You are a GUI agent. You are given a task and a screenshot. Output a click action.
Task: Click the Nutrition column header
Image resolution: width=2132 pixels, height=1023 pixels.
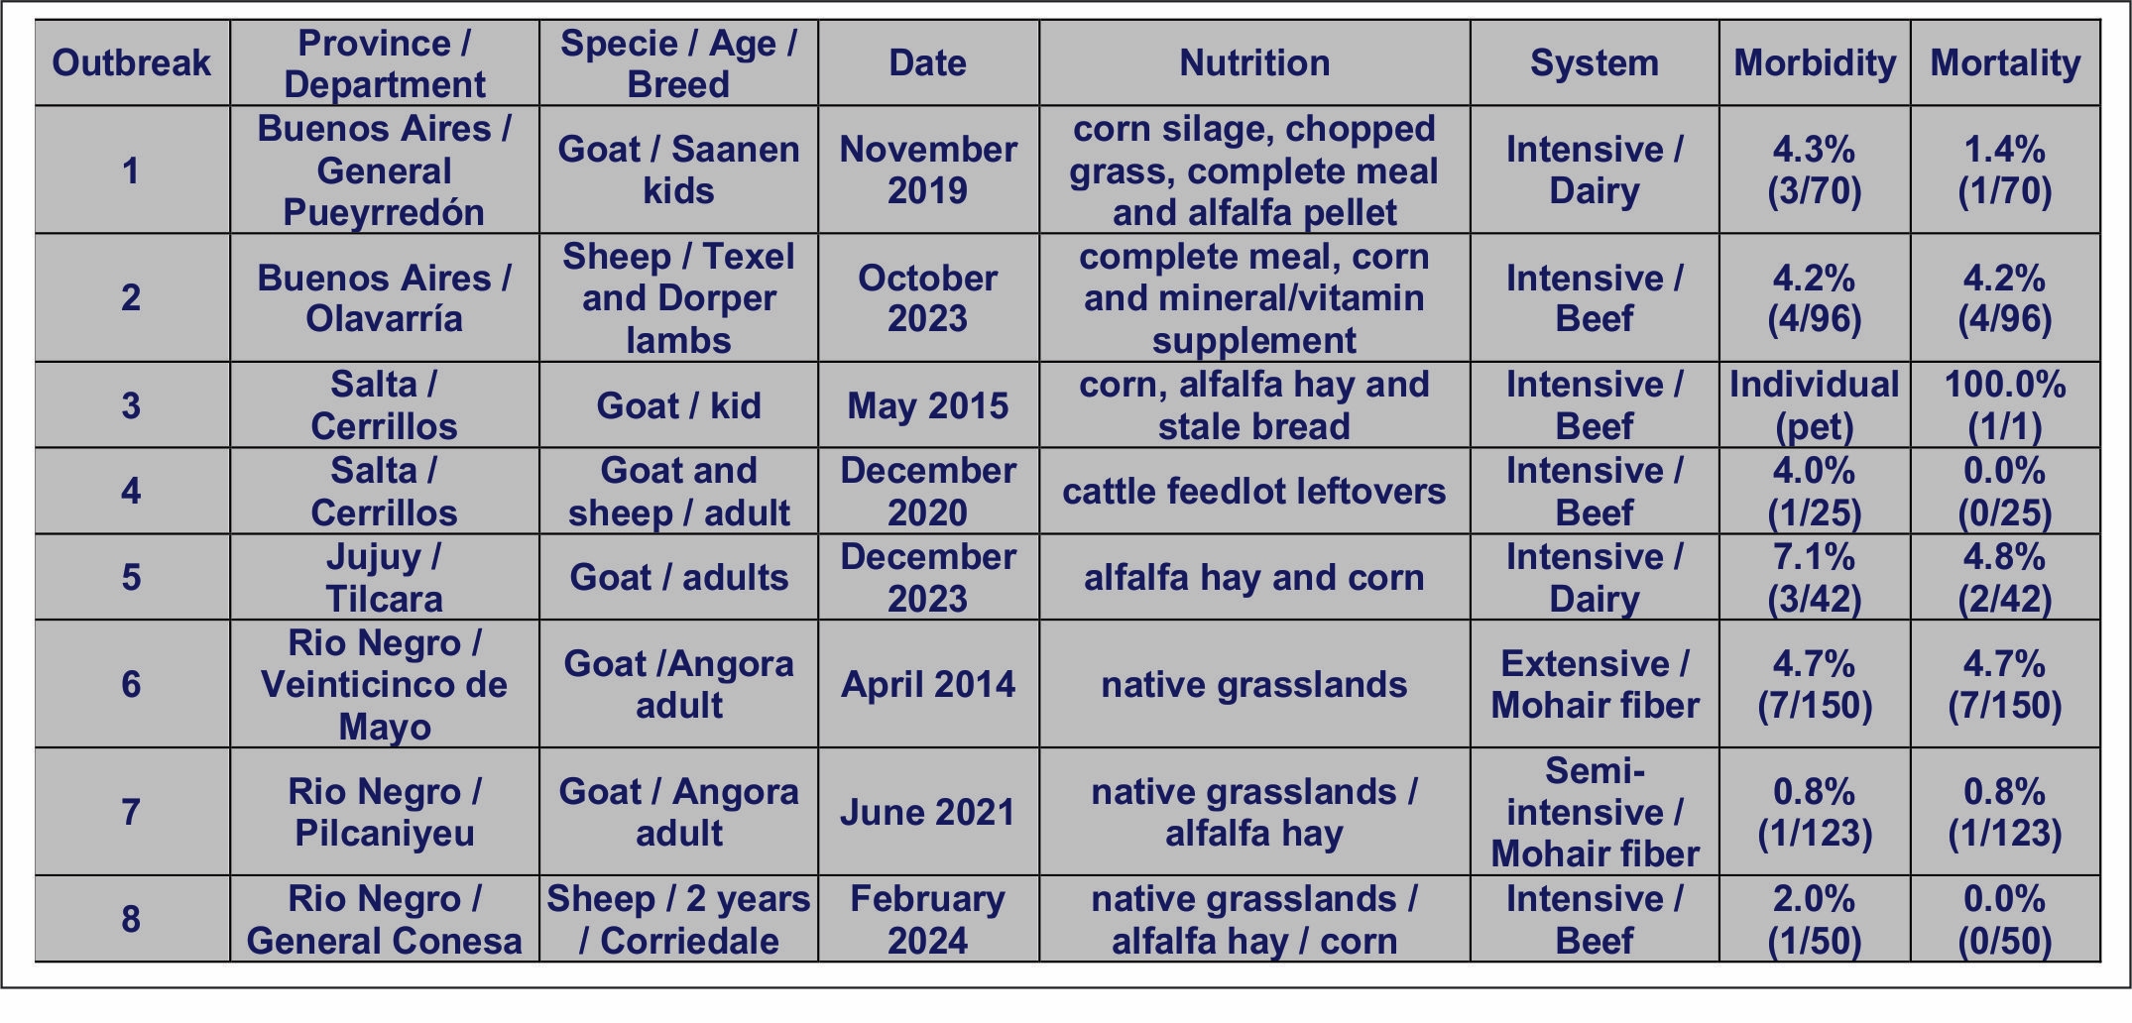coord(1254,63)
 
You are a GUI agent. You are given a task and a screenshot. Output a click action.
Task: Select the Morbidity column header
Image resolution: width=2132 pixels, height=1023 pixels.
coord(1815,63)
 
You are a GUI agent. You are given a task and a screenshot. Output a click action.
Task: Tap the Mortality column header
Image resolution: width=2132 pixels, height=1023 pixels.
coord(2005,63)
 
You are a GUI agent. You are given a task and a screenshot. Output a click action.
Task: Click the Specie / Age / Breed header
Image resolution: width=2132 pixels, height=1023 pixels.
coord(678,63)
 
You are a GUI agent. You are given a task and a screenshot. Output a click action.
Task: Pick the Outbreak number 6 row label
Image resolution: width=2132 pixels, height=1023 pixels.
coord(131,684)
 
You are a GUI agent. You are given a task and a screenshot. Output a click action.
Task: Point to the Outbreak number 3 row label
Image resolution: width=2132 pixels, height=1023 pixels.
coord(131,405)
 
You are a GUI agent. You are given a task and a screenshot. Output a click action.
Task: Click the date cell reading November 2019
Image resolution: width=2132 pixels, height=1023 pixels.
coord(928,170)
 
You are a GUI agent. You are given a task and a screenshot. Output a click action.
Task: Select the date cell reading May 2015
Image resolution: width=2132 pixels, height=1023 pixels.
coord(928,405)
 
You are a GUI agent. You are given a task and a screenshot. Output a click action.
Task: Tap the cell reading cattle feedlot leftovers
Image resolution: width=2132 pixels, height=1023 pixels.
coord(1254,491)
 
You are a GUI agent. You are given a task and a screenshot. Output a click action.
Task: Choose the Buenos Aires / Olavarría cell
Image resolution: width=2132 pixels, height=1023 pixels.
coord(384,297)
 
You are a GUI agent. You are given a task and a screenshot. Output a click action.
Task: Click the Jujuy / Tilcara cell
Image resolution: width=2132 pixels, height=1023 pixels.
coord(384,577)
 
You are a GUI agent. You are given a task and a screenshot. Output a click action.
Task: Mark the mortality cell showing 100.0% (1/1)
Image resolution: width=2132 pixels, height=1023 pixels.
coord(2005,405)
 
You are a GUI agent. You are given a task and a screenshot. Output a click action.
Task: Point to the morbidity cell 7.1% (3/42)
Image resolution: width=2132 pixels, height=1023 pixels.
coord(1815,577)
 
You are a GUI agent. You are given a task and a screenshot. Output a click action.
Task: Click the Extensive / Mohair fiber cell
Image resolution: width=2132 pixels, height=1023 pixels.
coord(1595,684)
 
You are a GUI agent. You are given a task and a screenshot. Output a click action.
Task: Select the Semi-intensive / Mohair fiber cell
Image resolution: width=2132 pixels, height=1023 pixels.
coord(1595,812)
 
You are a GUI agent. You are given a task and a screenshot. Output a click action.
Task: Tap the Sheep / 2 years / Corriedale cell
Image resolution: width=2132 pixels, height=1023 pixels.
coord(678,919)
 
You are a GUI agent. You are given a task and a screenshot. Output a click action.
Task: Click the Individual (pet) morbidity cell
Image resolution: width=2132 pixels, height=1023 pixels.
coord(1815,405)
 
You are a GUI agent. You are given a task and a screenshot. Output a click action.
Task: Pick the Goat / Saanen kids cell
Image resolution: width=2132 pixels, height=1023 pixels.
coord(678,170)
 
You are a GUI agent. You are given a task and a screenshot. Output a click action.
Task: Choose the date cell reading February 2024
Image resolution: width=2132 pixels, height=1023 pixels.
coord(928,919)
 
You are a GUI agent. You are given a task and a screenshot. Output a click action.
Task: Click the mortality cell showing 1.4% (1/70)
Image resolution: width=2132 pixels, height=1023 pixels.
coord(2005,170)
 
